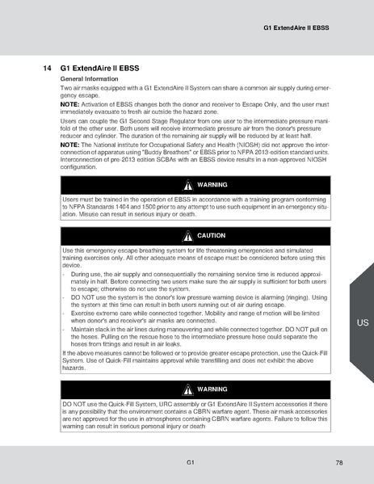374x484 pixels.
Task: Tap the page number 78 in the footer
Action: (x=339, y=463)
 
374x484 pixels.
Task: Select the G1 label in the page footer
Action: (x=188, y=463)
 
